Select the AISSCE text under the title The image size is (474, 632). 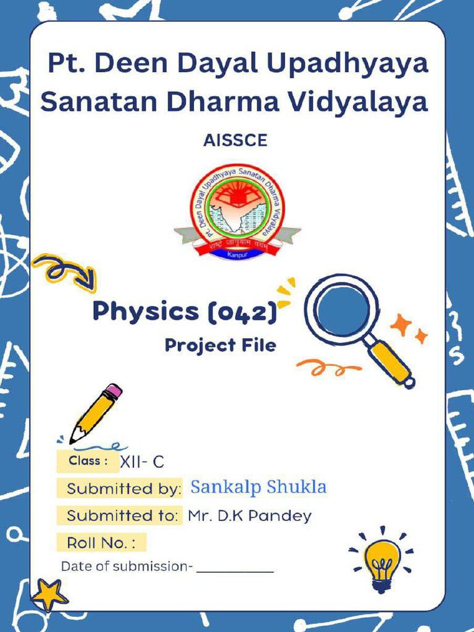(235, 141)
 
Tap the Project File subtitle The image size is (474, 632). (220, 345)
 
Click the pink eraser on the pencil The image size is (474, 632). (113, 392)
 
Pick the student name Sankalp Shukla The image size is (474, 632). (259, 487)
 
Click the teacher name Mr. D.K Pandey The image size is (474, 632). (250, 516)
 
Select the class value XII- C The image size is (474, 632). (142, 461)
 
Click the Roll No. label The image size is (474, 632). (101, 543)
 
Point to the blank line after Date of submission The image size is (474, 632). (235, 568)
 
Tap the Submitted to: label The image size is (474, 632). (123, 515)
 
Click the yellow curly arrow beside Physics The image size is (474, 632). (64, 272)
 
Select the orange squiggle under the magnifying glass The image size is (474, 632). (328, 368)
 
